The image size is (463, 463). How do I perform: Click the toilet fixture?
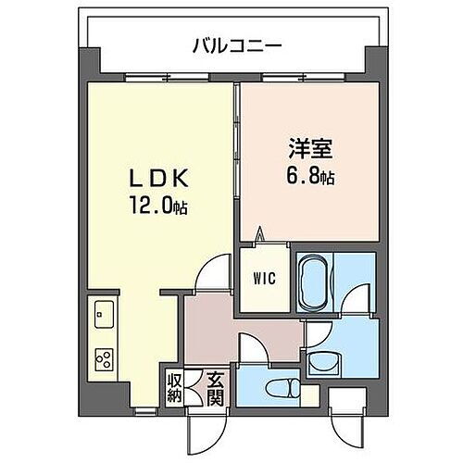(x=278, y=387)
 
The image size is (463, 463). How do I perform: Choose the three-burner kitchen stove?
(x=104, y=356)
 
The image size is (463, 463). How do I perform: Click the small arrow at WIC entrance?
(x=261, y=236)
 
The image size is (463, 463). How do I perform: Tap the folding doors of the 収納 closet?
(x=195, y=385)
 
